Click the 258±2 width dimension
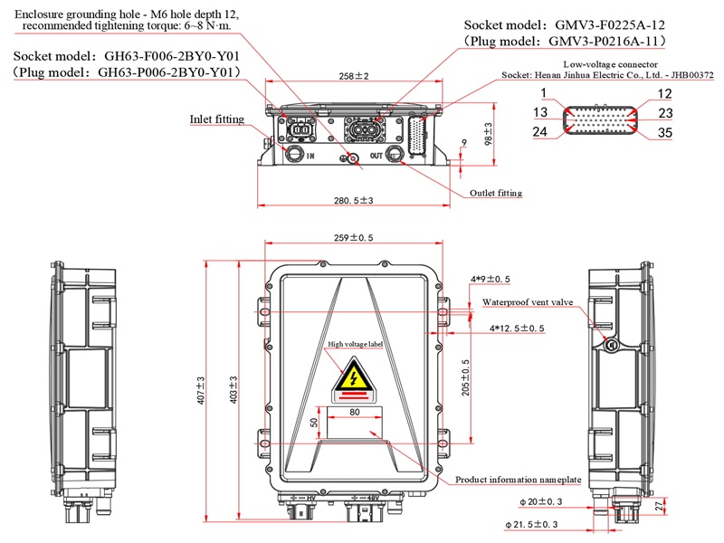tap(355, 77)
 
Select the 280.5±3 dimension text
tap(354, 200)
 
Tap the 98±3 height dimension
tap(488, 134)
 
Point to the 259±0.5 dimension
tap(353, 239)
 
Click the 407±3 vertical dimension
tap(199, 389)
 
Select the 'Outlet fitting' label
tap(496, 194)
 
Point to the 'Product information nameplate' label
tap(516, 480)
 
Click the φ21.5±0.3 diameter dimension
tap(550, 524)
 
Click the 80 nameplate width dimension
tap(354, 412)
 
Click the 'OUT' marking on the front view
tap(376, 156)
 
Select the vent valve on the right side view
tap(612, 344)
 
